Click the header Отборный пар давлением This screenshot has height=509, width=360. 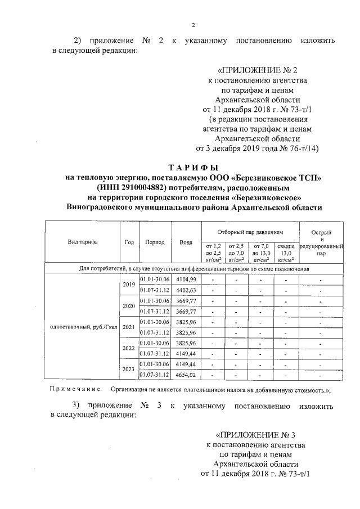click(250, 232)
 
